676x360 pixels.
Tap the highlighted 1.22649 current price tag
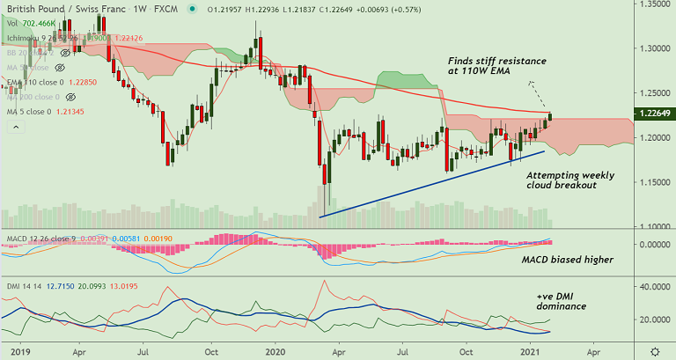pos(654,114)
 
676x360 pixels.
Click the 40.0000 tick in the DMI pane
pos(652,287)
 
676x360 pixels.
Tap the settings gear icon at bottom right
pos(654,350)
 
